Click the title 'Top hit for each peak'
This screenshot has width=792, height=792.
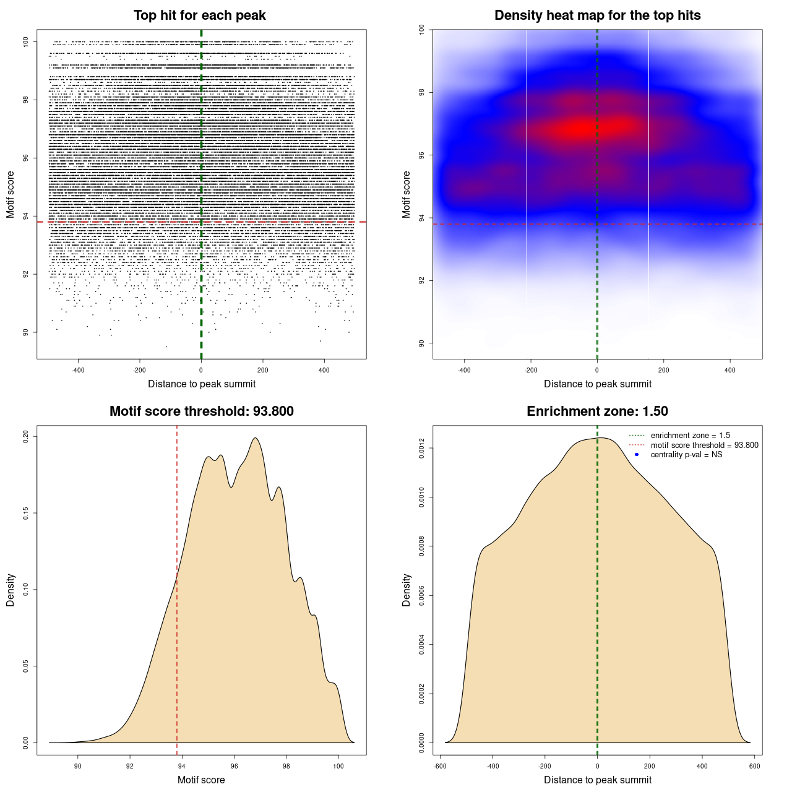pyautogui.click(x=199, y=15)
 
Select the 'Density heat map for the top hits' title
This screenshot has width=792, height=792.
pyautogui.click(x=597, y=15)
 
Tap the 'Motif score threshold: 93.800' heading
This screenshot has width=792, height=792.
pyautogui.click(x=201, y=411)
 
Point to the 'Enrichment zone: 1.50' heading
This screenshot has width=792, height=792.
pyautogui.click(x=597, y=411)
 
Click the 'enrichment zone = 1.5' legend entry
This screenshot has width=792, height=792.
pyautogui.click(x=690, y=436)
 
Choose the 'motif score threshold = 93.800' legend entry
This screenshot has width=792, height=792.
pyautogui.click(x=704, y=445)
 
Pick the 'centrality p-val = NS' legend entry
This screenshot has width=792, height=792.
pyautogui.click(x=686, y=455)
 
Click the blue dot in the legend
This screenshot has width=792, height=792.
pyautogui.click(x=637, y=455)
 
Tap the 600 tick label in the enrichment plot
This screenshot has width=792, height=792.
pyautogui.click(x=754, y=766)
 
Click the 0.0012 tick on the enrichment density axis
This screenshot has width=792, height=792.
pyautogui.click(x=422, y=448)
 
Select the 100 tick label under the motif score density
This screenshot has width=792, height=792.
pyautogui.click(x=338, y=766)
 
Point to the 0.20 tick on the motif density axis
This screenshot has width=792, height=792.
pyautogui.click(x=26, y=437)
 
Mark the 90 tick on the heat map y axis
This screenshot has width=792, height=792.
pyautogui.click(x=422, y=343)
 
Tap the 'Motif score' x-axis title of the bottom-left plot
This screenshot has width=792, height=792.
pyautogui.click(x=201, y=780)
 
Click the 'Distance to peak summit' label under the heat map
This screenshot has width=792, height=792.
pyautogui.click(x=597, y=384)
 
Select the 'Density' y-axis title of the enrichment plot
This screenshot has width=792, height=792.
pyautogui.click(x=407, y=590)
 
